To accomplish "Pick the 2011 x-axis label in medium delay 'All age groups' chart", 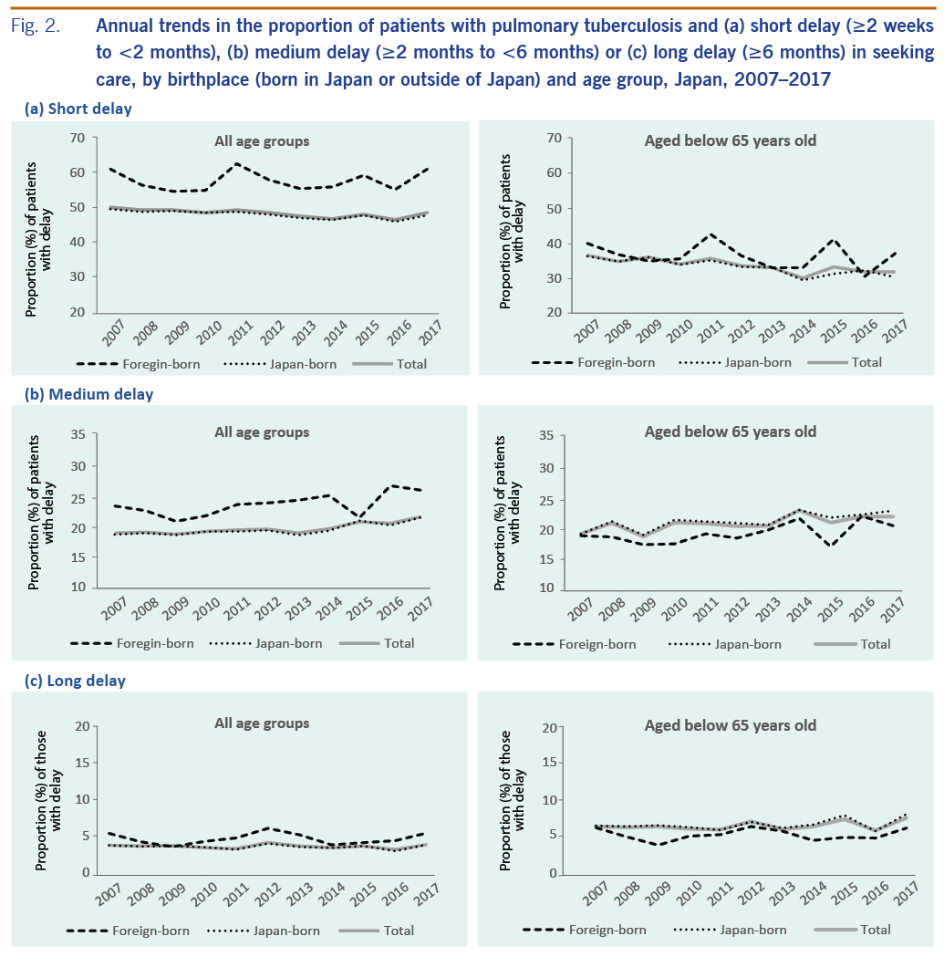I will (x=238, y=609).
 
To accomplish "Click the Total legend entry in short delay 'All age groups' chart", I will (x=410, y=364).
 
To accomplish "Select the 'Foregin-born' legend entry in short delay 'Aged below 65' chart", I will (x=617, y=362).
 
